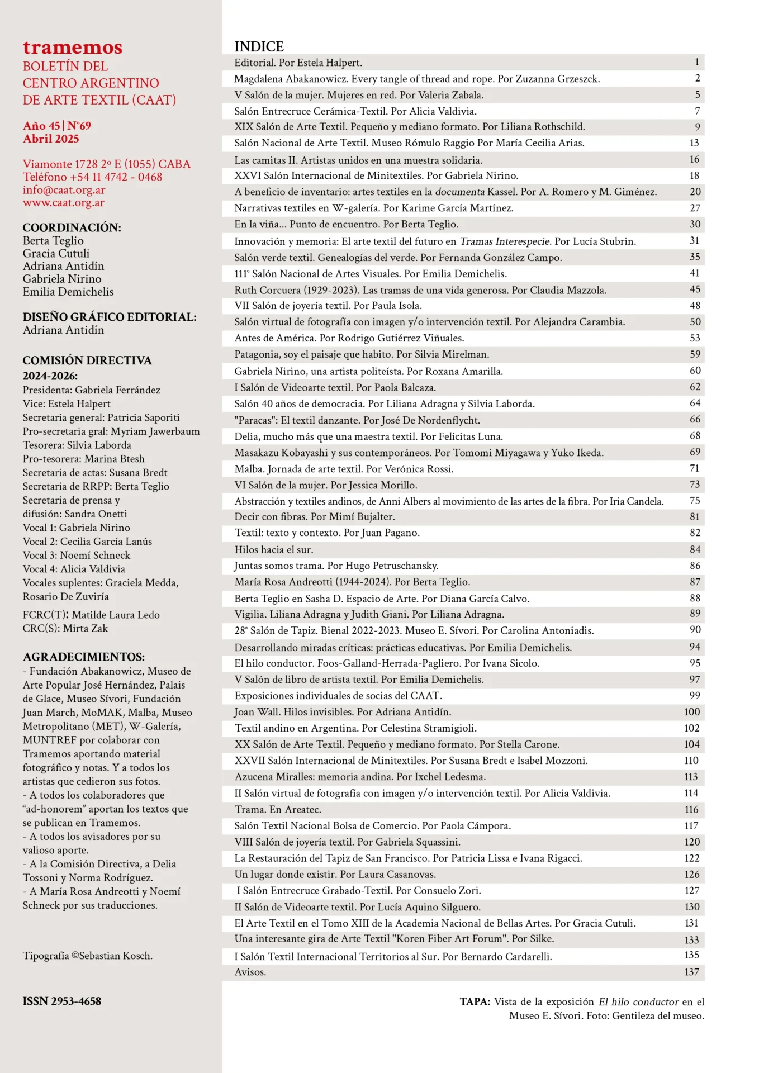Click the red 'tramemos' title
73,48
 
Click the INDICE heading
259,46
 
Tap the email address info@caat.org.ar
64,190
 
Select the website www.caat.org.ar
64,203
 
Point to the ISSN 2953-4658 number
62,1001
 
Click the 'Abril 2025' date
51,139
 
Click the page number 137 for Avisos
691,972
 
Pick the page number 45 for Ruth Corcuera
695,289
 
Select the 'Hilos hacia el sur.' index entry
274,550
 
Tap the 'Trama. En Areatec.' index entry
278,809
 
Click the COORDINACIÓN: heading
72,228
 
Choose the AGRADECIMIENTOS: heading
84,657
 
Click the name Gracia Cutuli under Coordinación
56,254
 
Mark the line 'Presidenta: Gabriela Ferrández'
92,390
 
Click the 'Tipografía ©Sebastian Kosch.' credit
88,956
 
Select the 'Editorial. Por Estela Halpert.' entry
298,63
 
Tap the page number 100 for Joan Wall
691,712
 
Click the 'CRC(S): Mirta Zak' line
65,629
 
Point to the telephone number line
93,177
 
